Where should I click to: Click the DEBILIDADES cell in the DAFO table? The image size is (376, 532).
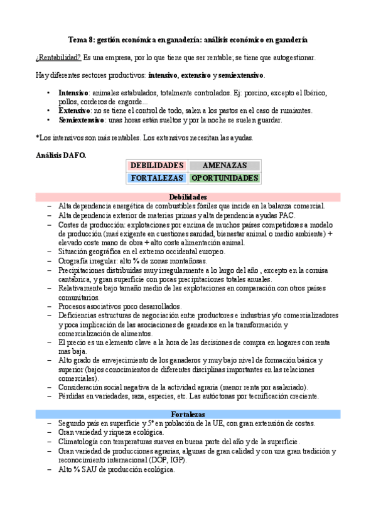pyautogui.click(x=157, y=166)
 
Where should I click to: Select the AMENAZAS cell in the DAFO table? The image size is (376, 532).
pyautogui.click(x=225, y=166)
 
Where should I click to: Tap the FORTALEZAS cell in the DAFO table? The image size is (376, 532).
pyautogui.click(x=157, y=178)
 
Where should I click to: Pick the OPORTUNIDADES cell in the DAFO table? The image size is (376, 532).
pyautogui.click(x=225, y=178)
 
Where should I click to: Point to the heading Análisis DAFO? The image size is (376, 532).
pyautogui.click(x=61, y=154)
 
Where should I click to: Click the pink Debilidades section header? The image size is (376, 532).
pyautogui.click(x=188, y=197)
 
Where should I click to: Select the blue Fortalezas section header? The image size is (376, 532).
pyautogui.click(x=188, y=415)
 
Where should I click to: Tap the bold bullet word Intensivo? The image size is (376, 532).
pyautogui.click(x=73, y=93)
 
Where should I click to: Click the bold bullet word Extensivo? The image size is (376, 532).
pyautogui.click(x=73, y=111)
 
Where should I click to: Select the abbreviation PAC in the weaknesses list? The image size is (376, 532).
pyautogui.click(x=286, y=215)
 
